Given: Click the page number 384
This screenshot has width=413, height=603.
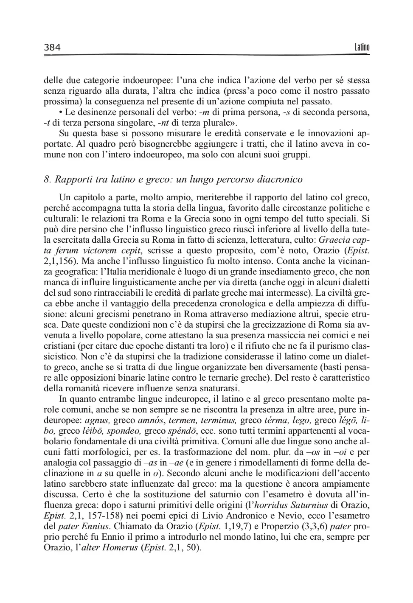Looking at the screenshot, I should click(x=52, y=47).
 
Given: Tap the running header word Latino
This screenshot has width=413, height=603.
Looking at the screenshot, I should click(x=362, y=47).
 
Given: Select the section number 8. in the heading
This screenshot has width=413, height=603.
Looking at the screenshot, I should click(x=48, y=179).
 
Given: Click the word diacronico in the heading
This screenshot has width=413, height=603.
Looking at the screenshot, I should click(x=281, y=179).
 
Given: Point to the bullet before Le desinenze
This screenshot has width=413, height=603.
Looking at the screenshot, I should click(x=61, y=112).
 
